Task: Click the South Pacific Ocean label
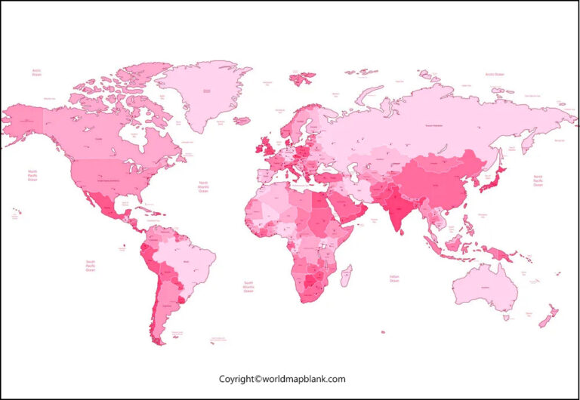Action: (x=91, y=265)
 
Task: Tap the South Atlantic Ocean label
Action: (x=248, y=288)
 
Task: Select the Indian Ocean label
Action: (x=393, y=278)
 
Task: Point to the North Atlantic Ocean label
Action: (x=203, y=187)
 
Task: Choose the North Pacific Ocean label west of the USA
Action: (x=32, y=175)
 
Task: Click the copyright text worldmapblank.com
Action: (x=282, y=379)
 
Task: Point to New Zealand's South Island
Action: (x=545, y=321)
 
